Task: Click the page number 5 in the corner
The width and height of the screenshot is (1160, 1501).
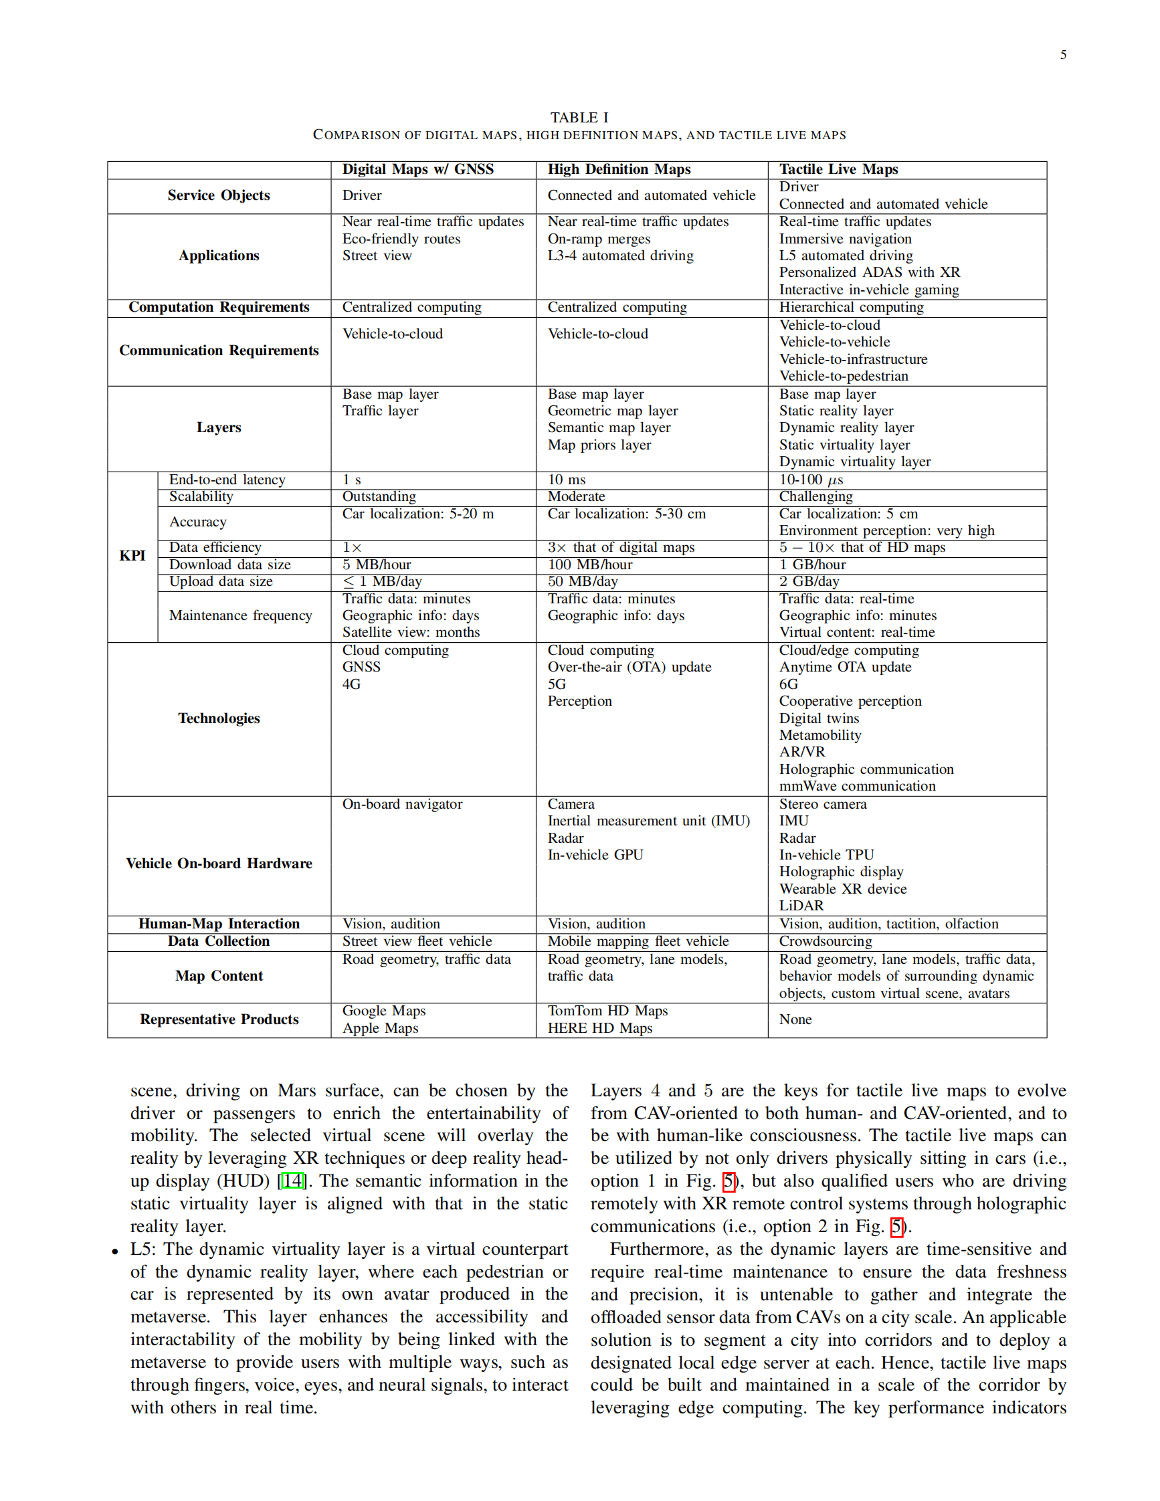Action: (1062, 55)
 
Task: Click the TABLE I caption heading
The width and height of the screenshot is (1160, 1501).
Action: (579, 118)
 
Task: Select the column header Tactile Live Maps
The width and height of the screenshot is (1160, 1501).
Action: (838, 170)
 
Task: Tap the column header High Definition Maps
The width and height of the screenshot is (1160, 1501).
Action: (619, 170)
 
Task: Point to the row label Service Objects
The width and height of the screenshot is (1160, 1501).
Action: (219, 196)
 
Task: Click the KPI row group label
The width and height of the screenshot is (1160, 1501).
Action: (132, 556)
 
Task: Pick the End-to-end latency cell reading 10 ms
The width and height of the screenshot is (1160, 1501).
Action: (567, 480)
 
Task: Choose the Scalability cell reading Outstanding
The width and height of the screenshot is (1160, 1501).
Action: (379, 496)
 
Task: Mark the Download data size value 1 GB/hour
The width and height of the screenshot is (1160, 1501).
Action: (812, 565)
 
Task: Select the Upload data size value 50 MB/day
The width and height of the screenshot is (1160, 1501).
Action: (582, 581)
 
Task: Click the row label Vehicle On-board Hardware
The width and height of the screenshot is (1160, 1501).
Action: (219, 864)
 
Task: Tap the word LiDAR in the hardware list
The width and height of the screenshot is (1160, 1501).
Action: (801, 906)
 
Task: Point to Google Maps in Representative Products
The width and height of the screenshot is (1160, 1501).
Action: (384, 1011)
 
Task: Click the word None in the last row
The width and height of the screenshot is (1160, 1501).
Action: (795, 1019)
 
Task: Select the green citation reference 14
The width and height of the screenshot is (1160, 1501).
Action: (293, 1181)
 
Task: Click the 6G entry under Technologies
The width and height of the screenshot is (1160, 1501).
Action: (789, 684)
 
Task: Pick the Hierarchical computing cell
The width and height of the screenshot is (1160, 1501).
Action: (851, 307)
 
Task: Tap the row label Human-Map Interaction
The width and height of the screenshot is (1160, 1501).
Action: (219, 924)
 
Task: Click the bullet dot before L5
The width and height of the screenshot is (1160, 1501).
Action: (116, 1252)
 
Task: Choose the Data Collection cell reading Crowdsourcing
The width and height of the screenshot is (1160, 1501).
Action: (826, 942)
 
